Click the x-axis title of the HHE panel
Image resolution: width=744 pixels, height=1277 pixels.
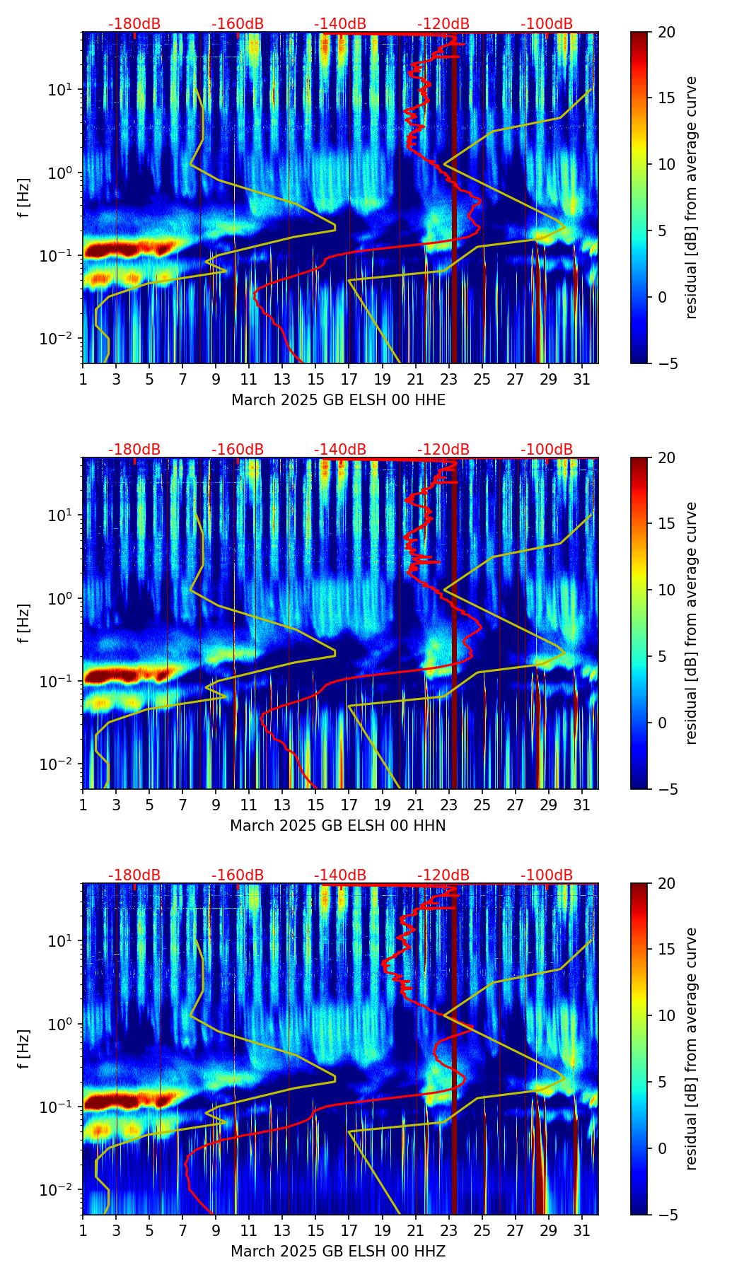[x=338, y=400]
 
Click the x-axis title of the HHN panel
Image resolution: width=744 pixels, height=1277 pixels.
[x=338, y=826]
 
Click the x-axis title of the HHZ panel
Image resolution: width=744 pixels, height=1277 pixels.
[x=338, y=1252]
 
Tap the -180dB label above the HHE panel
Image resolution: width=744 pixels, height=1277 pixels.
[x=134, y=24]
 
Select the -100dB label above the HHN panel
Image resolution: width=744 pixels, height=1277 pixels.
[x=547, y=450]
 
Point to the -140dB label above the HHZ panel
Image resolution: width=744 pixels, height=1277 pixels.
[x=340, y=875]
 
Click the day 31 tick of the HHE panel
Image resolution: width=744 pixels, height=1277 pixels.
[x=581, y=379]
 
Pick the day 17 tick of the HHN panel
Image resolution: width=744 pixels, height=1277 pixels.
[x=349, y=805]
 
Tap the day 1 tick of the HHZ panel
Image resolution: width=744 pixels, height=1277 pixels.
[x=83, y=1230]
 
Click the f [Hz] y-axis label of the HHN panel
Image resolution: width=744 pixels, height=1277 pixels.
[x=25, y=623]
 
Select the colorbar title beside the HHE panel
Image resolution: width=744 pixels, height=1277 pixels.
[x=691, y=197]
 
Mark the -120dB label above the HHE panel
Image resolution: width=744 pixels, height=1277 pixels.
[x=443, y=24]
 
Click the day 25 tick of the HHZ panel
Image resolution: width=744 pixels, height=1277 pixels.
[x=482, y=1230]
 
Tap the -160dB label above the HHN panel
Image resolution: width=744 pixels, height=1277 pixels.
[x=238, y=450]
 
